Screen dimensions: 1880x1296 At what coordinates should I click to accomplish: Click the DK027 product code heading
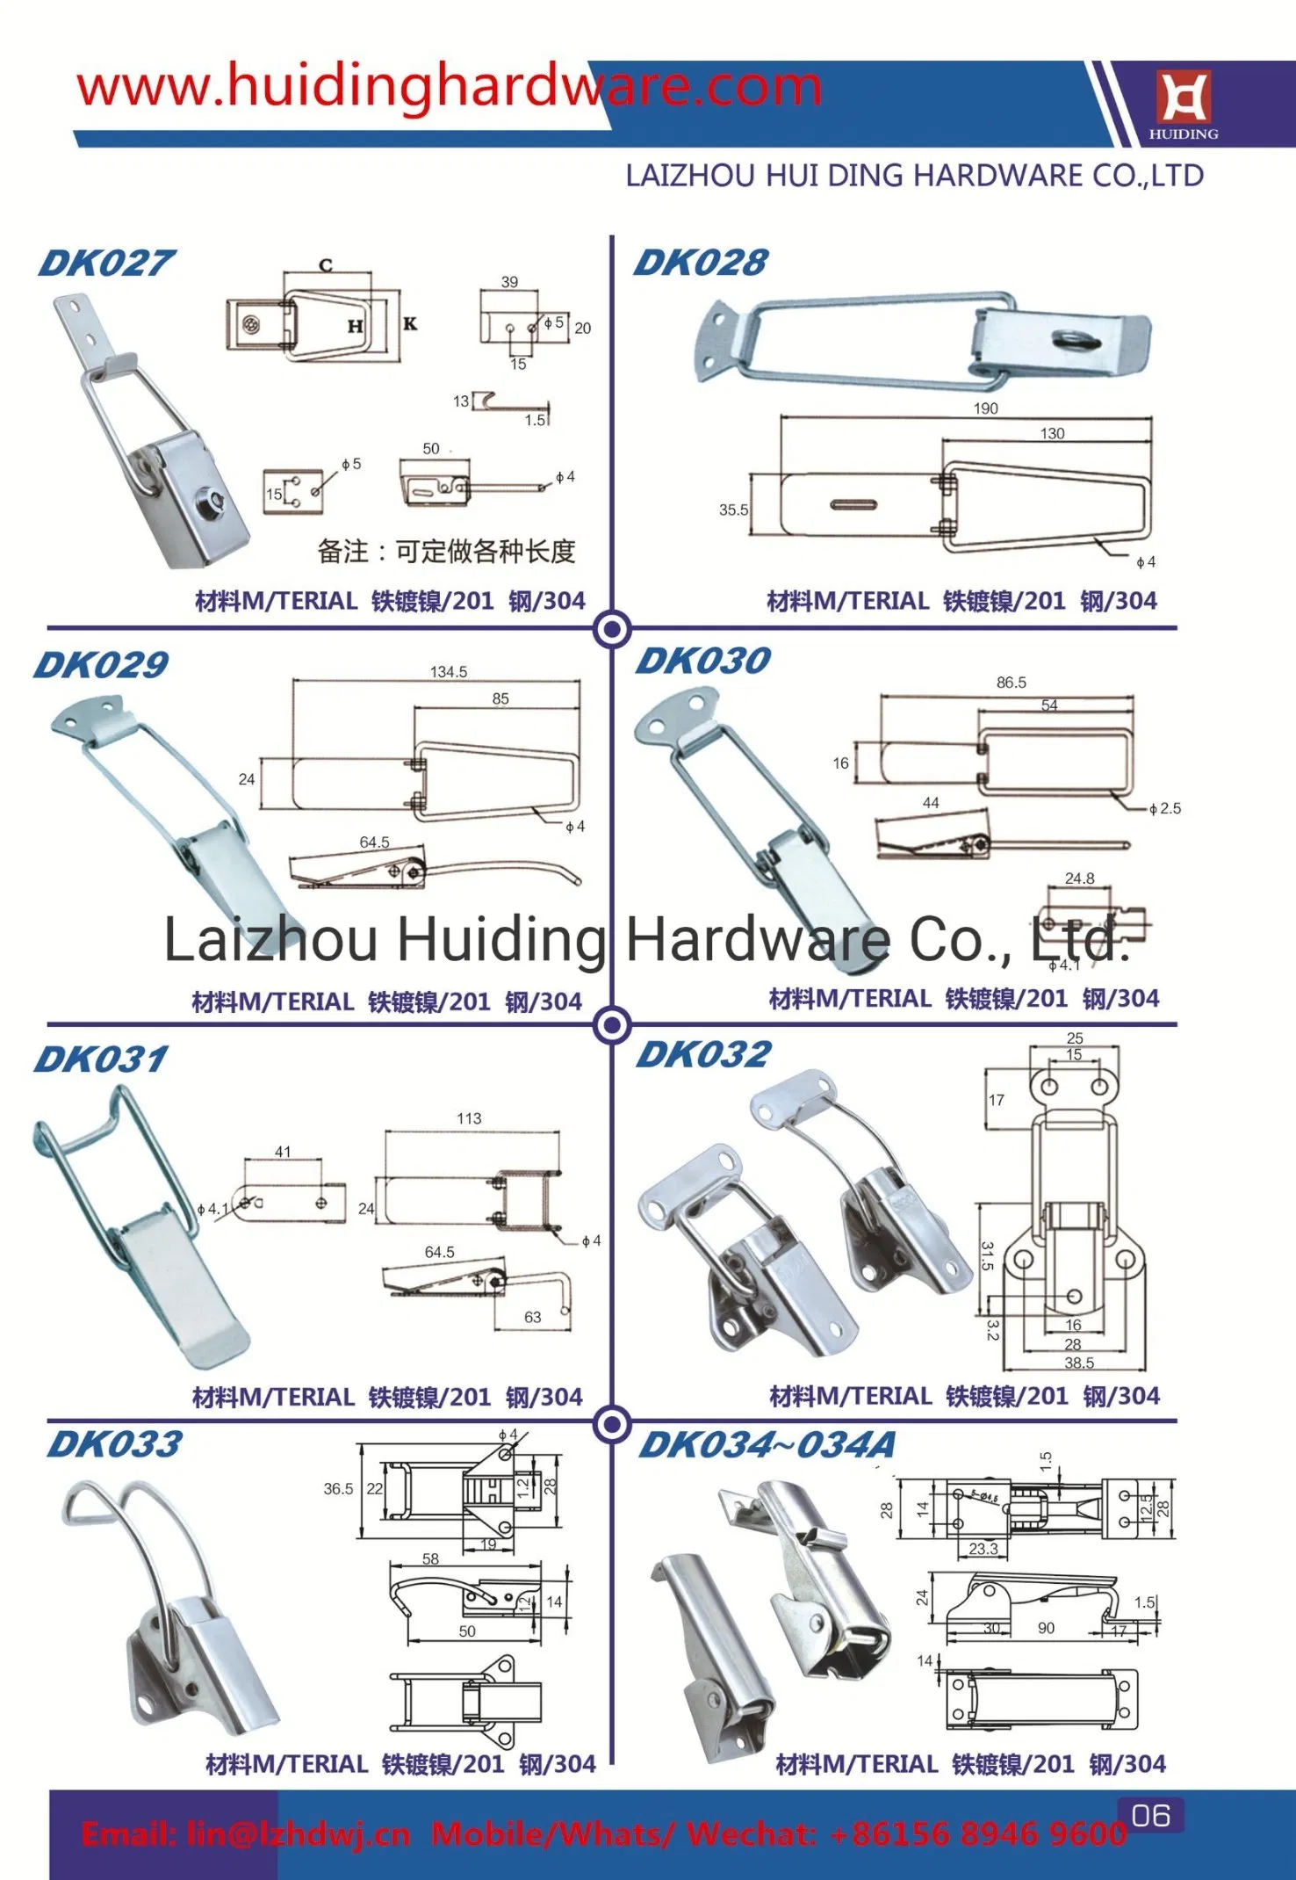[x=106, y=264]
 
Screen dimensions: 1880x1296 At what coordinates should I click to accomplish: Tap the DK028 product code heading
[x=701, y=263]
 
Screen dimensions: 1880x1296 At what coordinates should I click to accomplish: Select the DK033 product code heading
[x=115, y=1444]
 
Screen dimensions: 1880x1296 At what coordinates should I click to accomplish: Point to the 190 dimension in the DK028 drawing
[x=985, y=409]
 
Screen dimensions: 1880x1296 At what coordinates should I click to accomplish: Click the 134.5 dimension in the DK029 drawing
[x=448, y=672]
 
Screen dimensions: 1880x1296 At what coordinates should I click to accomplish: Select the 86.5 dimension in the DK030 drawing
[x=1011, y=683]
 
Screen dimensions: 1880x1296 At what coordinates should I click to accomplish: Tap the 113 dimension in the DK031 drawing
[x=469, y=1118]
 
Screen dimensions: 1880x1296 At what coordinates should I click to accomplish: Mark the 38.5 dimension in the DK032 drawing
[x=1079, y=1363]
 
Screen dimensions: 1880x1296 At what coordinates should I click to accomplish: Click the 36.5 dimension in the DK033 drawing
[x=338, y=1488]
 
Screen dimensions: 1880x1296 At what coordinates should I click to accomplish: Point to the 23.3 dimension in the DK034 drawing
[x=983, y=1549]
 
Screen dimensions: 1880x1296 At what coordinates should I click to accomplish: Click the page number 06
[x=1151, y=1815]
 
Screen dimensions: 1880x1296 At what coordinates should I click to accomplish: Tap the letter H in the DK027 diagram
[x=355, y=327]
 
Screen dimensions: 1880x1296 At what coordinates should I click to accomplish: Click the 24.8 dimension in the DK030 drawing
[x=1079, y=879]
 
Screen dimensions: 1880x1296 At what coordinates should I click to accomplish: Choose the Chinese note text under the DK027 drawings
[x=446, y=552]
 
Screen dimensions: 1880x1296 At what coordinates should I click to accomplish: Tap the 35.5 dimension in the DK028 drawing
[x=733, y=510]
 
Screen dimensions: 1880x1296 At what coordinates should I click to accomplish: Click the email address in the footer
[x=246, y=1833]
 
